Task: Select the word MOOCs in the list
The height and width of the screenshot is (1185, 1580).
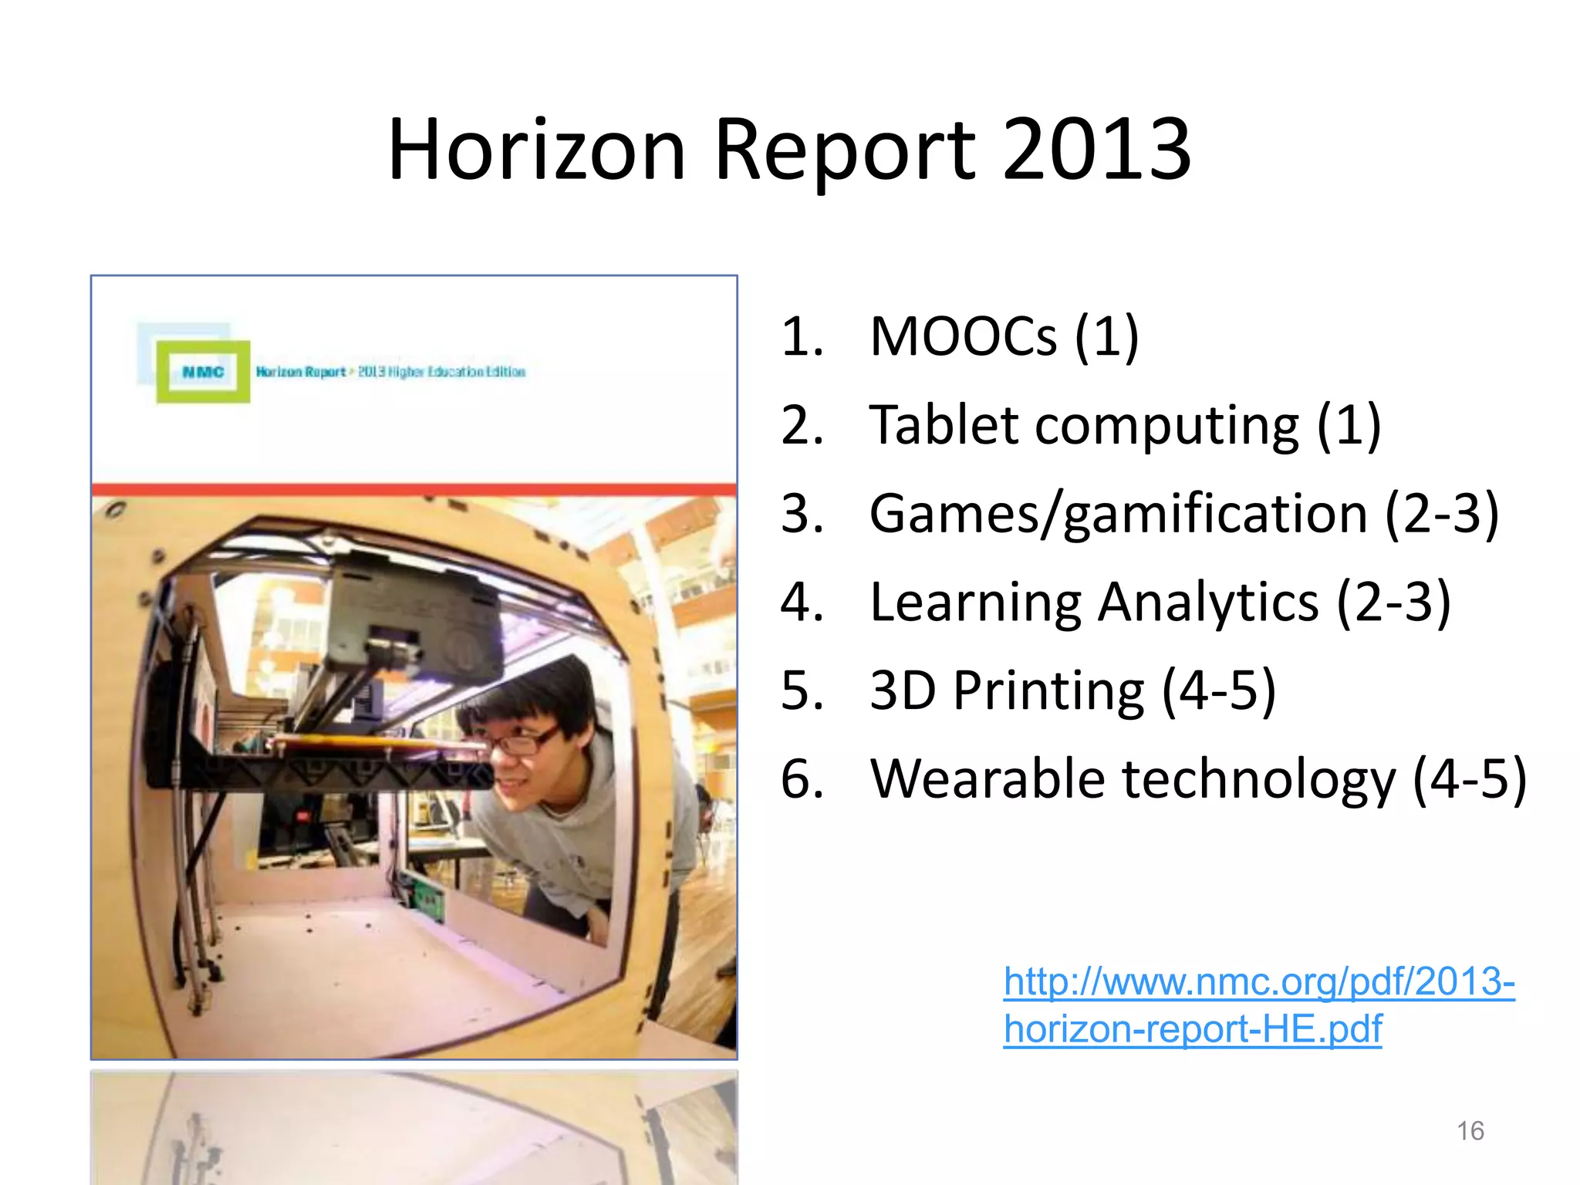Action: [962, 337]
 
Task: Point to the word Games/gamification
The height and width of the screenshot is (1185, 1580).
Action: [1118, 515]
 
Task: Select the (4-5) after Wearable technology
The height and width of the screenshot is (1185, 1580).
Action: [1469, 780]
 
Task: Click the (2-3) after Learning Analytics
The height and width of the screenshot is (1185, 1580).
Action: [1393, 603]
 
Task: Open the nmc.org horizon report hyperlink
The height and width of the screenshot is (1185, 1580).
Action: [1258, 1004]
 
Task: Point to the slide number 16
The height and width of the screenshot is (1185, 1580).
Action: [1470, 1131]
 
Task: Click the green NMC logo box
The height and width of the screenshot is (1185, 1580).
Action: [203, 372]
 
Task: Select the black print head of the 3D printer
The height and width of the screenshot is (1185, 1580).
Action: [413, 617]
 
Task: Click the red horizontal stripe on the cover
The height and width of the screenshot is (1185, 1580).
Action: [414, 489]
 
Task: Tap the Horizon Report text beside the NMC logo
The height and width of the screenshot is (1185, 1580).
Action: [301, 372]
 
